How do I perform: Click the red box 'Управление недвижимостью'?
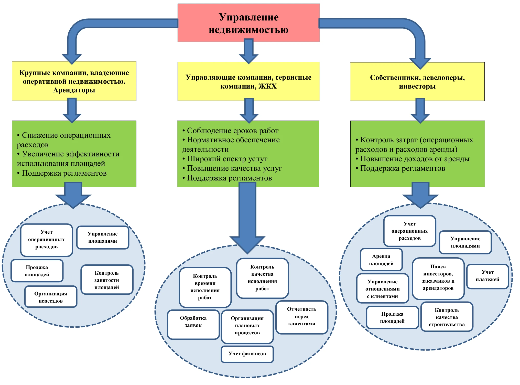tap(248, 23)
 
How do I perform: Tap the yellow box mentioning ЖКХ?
tap(248, 81)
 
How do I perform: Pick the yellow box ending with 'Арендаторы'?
tap(74, 81)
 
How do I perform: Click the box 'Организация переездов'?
tap(51, 297)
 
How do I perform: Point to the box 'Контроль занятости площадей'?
tap(107, 280)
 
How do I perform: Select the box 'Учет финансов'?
tap(247, 354)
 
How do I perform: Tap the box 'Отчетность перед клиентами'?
tap(302, 317)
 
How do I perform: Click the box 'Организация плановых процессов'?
tap(247, 326)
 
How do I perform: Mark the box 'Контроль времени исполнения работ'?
tap(205, 287)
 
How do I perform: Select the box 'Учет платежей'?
tap(487, 276)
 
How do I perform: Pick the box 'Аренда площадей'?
tap(381, 260)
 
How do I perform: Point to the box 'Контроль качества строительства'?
tap(447, 317)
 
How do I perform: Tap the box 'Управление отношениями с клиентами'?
tap(383, 289)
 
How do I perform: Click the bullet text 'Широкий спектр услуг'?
tap(227, 159)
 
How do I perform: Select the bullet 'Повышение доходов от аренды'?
tap(415, 159)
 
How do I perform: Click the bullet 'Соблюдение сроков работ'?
tap(232, 131)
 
